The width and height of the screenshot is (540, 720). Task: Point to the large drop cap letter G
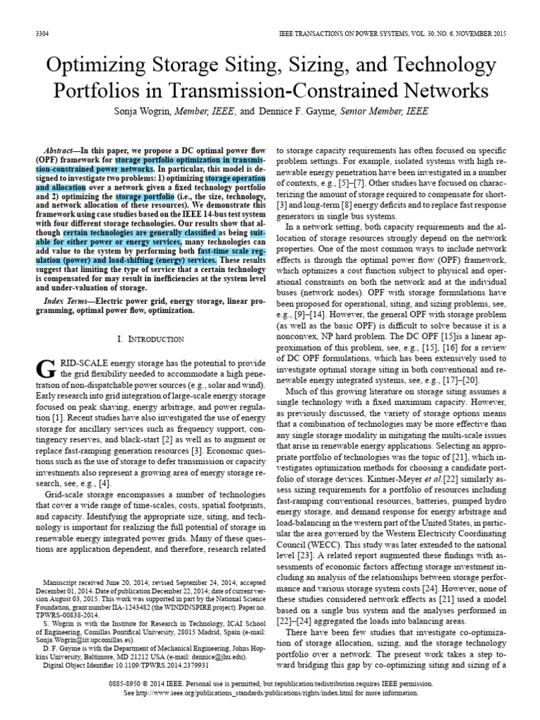coord(44,368)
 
